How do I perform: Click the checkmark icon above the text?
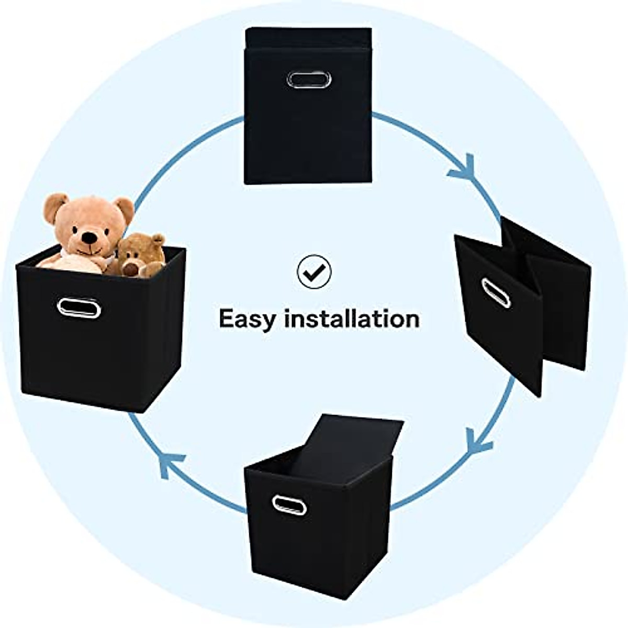click(314, 271)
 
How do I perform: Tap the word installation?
click(352, 318)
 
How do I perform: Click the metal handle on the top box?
click(309, 80)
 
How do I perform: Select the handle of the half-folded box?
click(496, 293)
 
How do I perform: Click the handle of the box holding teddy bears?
click(78, 307)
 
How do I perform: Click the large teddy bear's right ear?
click(125, 208)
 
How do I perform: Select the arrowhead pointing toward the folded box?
click(462, 169)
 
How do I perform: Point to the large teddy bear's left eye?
click(77, 228)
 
